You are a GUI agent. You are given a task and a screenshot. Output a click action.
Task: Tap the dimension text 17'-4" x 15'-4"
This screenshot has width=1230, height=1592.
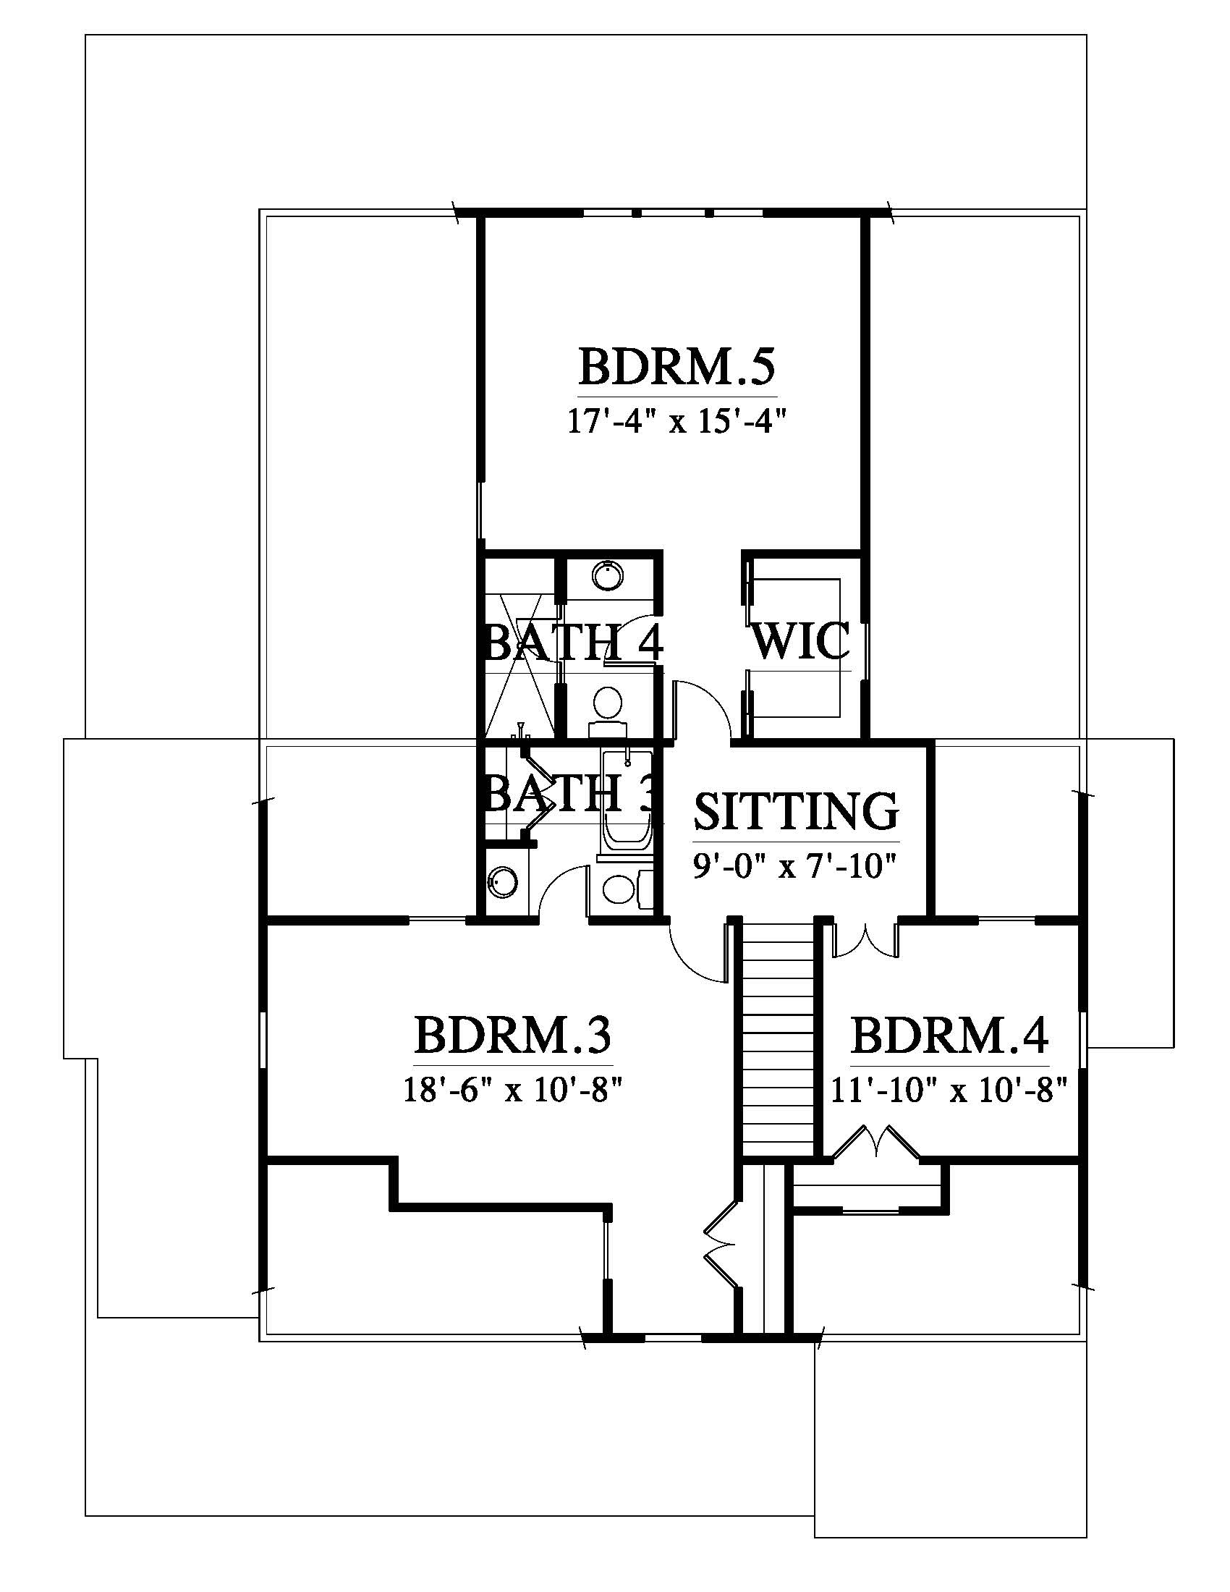point(678,422)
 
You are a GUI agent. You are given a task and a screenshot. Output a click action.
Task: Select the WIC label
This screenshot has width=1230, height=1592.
point(801,640)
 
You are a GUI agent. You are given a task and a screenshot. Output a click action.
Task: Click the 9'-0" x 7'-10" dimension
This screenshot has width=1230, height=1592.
point(794,867)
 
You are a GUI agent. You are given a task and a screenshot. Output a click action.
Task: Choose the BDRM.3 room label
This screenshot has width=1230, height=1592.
point(513,1035)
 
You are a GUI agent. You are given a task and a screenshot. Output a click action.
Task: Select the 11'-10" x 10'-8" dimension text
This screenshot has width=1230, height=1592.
point(949,1091)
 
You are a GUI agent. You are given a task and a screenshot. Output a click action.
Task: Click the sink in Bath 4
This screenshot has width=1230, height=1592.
point(608,576)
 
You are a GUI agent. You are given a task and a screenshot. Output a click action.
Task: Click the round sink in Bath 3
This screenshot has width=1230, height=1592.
point(502,883)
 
